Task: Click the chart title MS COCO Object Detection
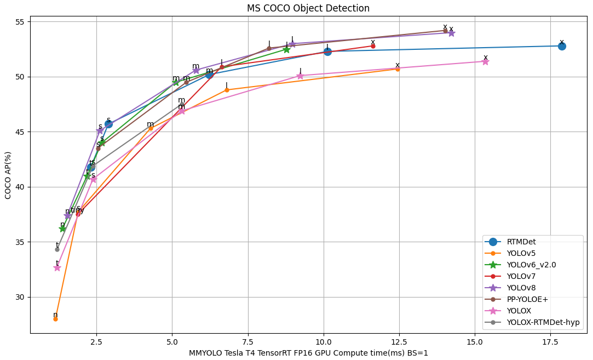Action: click(308, 8)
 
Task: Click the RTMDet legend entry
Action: click(521, 242)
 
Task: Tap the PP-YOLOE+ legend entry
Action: click(527, 299)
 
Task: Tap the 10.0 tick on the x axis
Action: click(324, 341)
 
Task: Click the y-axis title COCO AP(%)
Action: click(8, 175)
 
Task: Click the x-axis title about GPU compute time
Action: click(308, 353)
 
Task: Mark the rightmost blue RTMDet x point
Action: click(562, 46)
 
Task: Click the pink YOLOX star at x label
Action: click(485, 61)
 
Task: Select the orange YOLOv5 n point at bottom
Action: click(55, 319)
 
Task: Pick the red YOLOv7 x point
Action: click(373, 46)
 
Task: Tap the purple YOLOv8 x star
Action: click(451, 33)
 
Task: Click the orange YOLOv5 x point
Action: click(398, 69)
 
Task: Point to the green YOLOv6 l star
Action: click(286, 49)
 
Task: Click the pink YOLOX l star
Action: click(300, 76)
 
